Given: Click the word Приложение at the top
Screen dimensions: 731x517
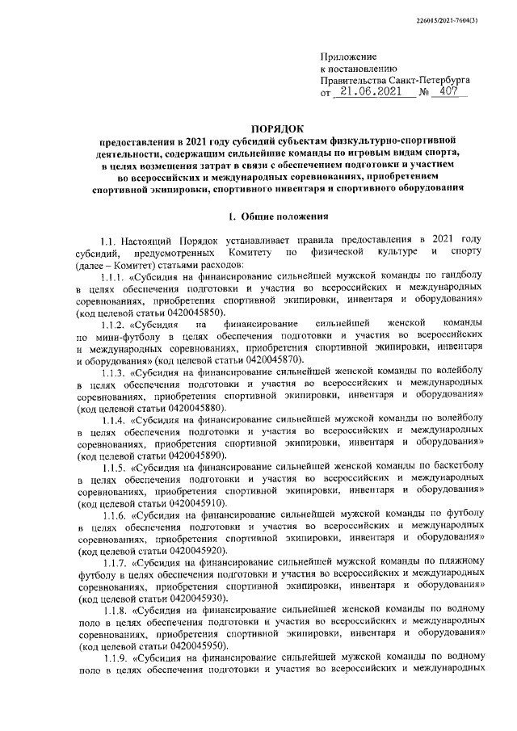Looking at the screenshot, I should pos(349,57).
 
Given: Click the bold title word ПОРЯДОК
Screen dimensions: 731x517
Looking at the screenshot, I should pos(275,128).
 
